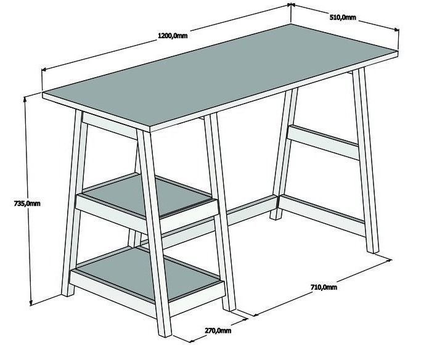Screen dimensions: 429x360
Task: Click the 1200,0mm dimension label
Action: click(173, 36)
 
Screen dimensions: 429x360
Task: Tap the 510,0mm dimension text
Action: click(343, 17)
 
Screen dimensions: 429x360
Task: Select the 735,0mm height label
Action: click(27, 203)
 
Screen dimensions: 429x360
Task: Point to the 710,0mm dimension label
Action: click(324, 287)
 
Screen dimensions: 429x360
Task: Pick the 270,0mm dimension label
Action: click(218, 330)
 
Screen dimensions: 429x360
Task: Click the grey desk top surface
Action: click(219, 74)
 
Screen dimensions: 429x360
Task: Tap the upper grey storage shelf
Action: click(148, 195)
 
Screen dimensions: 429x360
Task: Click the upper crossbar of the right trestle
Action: click(323, 142)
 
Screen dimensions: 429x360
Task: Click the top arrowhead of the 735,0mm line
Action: click(25, 99)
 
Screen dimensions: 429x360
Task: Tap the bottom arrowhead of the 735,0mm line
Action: click(31, 303)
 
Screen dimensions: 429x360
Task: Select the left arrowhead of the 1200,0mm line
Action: click(44, 70)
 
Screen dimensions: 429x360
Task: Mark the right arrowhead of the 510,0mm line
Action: click(396, 30)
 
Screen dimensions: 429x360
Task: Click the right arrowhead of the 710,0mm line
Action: click(389, 260)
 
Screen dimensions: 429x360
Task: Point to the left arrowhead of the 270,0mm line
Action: click(192, 341)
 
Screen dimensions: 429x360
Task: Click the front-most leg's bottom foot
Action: click(165, 333)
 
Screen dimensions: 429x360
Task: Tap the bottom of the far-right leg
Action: click(373, 250)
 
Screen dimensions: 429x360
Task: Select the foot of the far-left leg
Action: click(68, 293)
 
